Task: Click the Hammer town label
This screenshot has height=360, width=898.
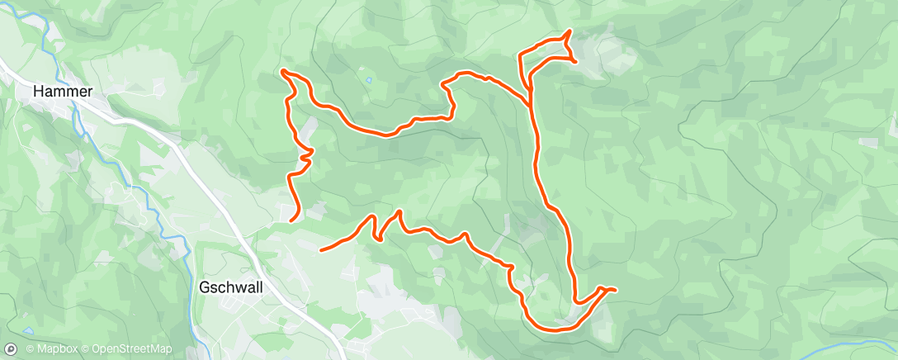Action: [x=62, y=92]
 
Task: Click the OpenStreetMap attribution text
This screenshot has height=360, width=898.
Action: [x=132, y=349]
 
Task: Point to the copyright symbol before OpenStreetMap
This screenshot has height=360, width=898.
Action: [x=86, y=349]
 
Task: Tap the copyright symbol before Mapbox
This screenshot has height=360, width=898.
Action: [x=31, y=349]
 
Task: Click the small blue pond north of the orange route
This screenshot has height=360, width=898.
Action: [x=368, y=80]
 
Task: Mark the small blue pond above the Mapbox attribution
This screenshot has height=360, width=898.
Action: [x=30, y=332]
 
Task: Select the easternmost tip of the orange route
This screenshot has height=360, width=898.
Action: [x=616, y=289]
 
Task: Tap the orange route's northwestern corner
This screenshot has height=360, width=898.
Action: [x=283, y=71]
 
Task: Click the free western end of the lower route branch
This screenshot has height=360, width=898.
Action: [x=321, y=248]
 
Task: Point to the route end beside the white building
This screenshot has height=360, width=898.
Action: [x=291, y=220]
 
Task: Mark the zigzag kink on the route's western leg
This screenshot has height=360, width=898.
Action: [x=306, y=154]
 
